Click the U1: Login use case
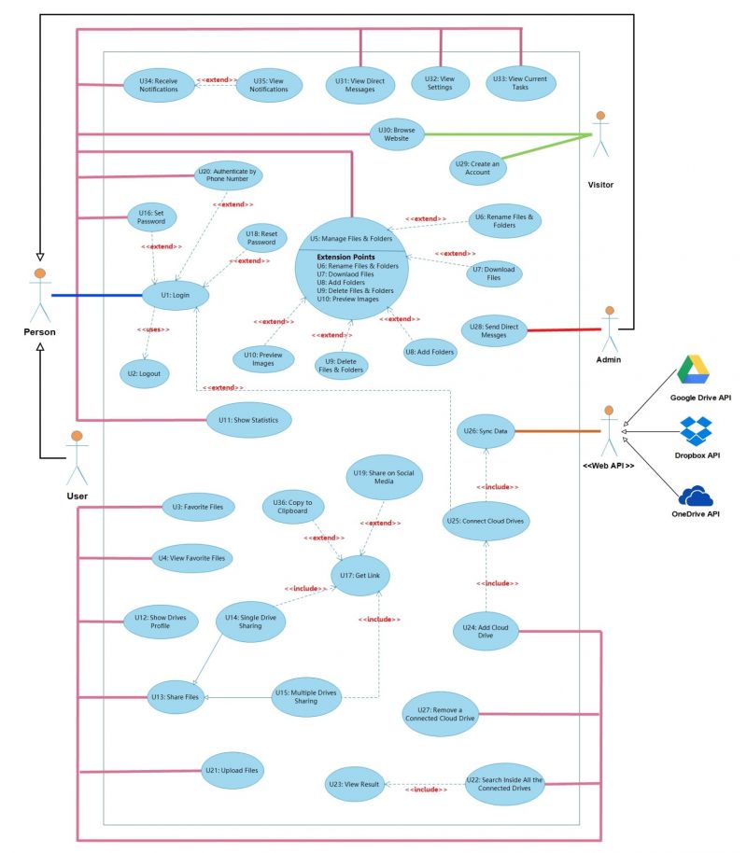coord(176,296)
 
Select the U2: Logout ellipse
coord(145,373)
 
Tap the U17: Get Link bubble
coord(360,576)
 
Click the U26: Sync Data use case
coord(486,431)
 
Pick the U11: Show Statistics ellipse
coord(248,420)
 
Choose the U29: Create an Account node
coord(477,168)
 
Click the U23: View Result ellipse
coord(355,784)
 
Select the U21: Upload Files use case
coord(233,770)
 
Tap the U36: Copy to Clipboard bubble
coord(293,507)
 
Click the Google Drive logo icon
coord(693,370)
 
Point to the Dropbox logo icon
coord(696,431)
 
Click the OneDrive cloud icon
coord(696,496)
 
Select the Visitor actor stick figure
coord(600,134)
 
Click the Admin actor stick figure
coord(609,329)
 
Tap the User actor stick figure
coord(77,458)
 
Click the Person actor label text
coord(40,332)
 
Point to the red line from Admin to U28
coord(564,329)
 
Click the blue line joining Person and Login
coord(97,296)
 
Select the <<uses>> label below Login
coord(153,329)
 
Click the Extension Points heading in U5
coord(345,257)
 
